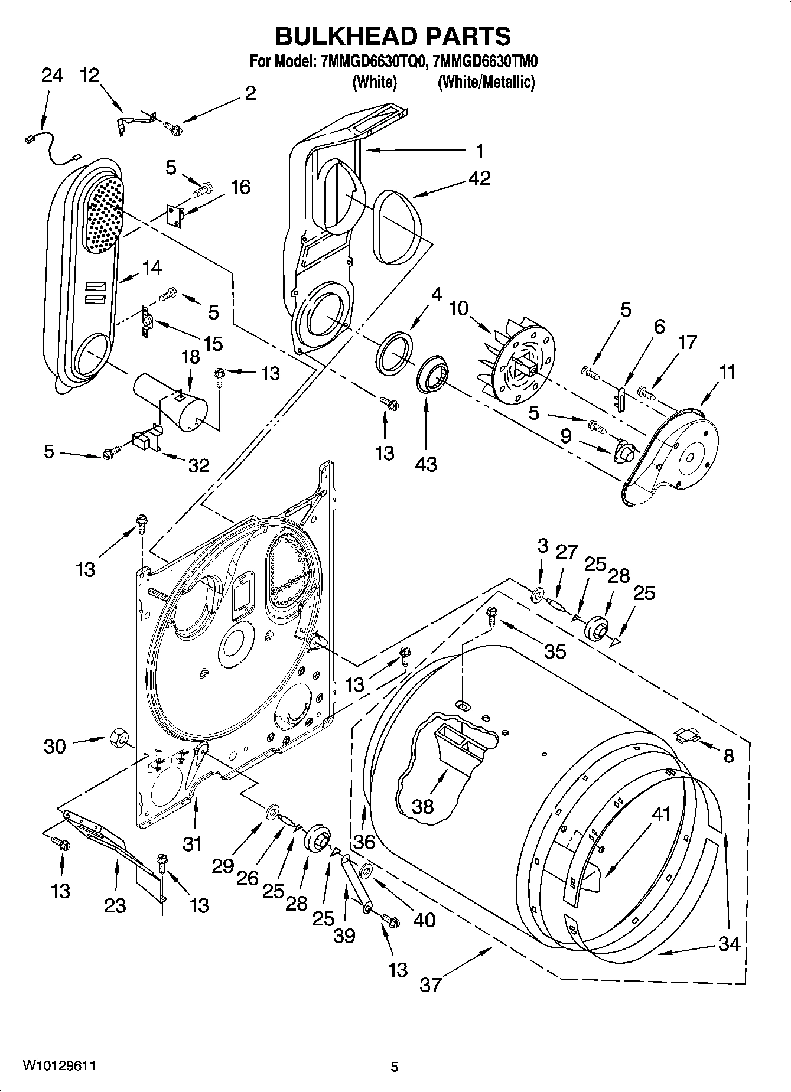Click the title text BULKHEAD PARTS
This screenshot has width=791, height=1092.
(393, 36)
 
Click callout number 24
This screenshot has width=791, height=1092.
(51, 76)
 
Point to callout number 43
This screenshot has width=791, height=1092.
(425, 464)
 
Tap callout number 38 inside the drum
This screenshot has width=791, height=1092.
(423, 806)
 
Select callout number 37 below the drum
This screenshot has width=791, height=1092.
(431, 984)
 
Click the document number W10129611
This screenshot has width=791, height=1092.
(59, 1065)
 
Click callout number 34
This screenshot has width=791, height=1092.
(729, 944)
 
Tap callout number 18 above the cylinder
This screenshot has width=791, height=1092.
(190, 358)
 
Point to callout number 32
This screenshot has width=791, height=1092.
(198, 465)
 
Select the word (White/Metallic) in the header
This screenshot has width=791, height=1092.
(486, 82)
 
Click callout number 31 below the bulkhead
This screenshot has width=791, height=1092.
(192, 844)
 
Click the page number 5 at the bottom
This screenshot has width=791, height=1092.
(395, 1067)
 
